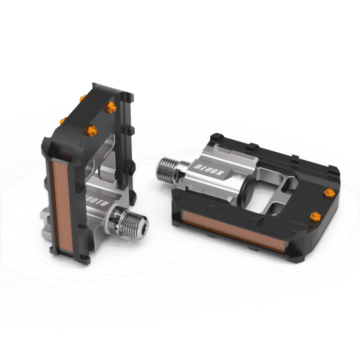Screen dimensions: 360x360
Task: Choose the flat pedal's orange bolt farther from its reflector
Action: tap(329, 192)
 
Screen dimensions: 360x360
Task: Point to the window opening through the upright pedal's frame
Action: tap(103, 154)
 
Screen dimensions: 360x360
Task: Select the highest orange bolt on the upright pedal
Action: tap(81, 98)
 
